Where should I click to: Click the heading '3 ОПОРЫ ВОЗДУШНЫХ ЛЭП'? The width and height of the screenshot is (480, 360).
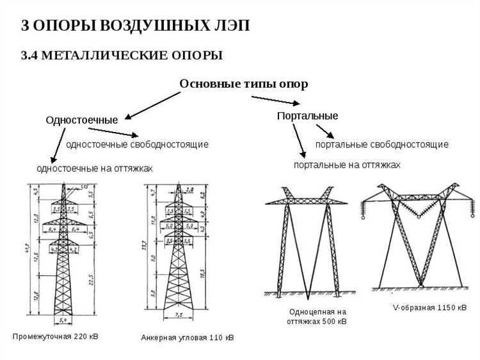[x=135, y=26]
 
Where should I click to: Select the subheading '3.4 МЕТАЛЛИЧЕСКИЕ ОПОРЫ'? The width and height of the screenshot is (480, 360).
[x=122, y=56]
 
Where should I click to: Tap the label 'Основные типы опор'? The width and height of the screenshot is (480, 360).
[x=243, y=84]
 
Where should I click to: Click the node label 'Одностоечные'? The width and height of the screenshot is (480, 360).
[x=81, y=120]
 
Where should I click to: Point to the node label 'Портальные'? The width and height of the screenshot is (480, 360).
[x=307, y=116]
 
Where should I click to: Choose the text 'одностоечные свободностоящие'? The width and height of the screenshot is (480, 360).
[x=137, y=144]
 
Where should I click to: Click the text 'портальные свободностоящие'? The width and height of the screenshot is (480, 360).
[x=381, y=144]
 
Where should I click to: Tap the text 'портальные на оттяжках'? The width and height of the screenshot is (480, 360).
[x=347, y=165]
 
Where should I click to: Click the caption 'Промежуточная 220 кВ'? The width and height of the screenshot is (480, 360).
[x=56, y=336]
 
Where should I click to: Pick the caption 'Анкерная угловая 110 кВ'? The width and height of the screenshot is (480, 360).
[x=188, y=337]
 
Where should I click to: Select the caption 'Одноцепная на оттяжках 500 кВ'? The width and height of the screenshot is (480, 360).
[x=318, y=316]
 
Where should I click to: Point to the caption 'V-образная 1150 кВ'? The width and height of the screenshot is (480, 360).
[x=429, y=308]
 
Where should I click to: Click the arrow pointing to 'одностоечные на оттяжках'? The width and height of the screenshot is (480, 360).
[x=57, y=145]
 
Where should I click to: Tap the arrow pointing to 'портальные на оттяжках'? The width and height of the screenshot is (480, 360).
[x=299, y=140]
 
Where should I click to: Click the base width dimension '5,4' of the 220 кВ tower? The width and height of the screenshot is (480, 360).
[x=63, y=318]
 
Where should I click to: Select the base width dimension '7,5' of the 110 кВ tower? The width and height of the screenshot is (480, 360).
[x=179, y=315]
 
